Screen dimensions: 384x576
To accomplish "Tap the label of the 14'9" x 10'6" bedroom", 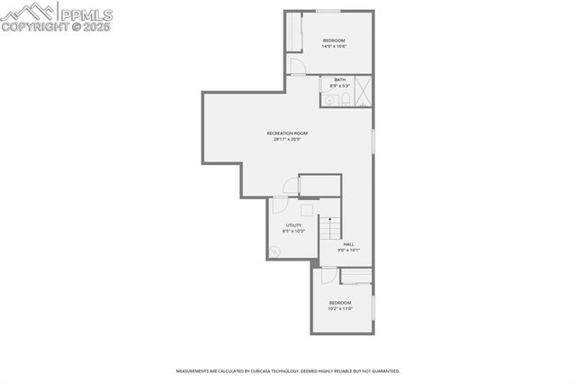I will pos(334,41).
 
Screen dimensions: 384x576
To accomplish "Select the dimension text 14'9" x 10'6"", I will pos(334,47).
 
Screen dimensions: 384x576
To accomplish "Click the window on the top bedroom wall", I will pos(328,11).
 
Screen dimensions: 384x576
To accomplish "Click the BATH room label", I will pos(339,79).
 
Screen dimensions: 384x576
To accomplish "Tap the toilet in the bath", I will pos(345,99).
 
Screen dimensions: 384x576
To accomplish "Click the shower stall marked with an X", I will pos(364,90).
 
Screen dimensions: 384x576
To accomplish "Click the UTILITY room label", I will pos(294,225).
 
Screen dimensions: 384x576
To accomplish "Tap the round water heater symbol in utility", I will pos(277,252).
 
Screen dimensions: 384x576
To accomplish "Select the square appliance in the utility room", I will pos(307,210).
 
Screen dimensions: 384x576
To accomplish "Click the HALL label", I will pos(348,243).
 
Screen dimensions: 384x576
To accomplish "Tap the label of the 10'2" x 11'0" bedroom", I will pos(339,302).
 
